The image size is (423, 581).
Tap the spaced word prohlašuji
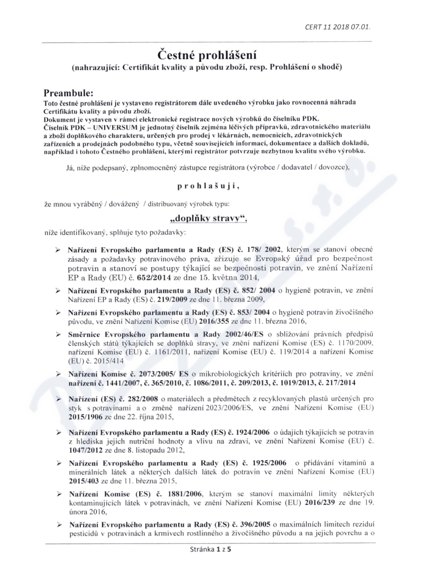(x=210, y=186)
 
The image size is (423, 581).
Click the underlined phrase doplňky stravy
(x=209, y=218)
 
